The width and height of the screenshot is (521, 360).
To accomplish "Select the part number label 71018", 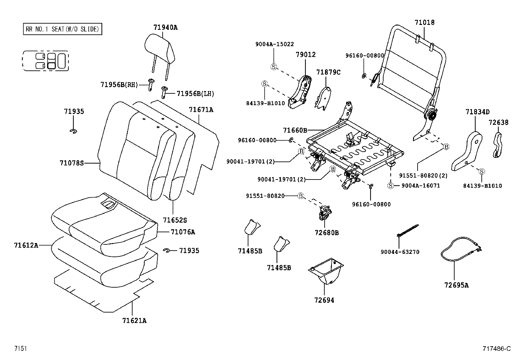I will [x=424, y=23].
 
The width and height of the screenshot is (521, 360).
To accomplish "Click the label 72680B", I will [x=327, y=233].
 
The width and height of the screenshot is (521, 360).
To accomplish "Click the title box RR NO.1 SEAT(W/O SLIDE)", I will [x=62, y=29].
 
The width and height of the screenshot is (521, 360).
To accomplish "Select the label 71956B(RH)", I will [x=119, y=85].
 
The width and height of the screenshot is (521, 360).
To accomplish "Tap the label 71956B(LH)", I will [x=195, y=94].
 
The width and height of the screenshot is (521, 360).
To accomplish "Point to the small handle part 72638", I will [x=498, y=145].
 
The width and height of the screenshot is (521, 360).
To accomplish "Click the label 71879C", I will [x=328, y=72].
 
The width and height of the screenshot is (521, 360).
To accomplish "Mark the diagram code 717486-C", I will [x=496, y=349].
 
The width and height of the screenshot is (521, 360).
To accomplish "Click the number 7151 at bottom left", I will [x=20, y=349].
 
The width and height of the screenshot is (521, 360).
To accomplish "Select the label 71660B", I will [x=295, y=130].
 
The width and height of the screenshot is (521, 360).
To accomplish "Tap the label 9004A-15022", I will [x=275, y=44].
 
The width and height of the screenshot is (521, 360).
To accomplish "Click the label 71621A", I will [x=134, y=321].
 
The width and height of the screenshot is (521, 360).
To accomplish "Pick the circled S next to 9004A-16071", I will [x=390, y=186].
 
